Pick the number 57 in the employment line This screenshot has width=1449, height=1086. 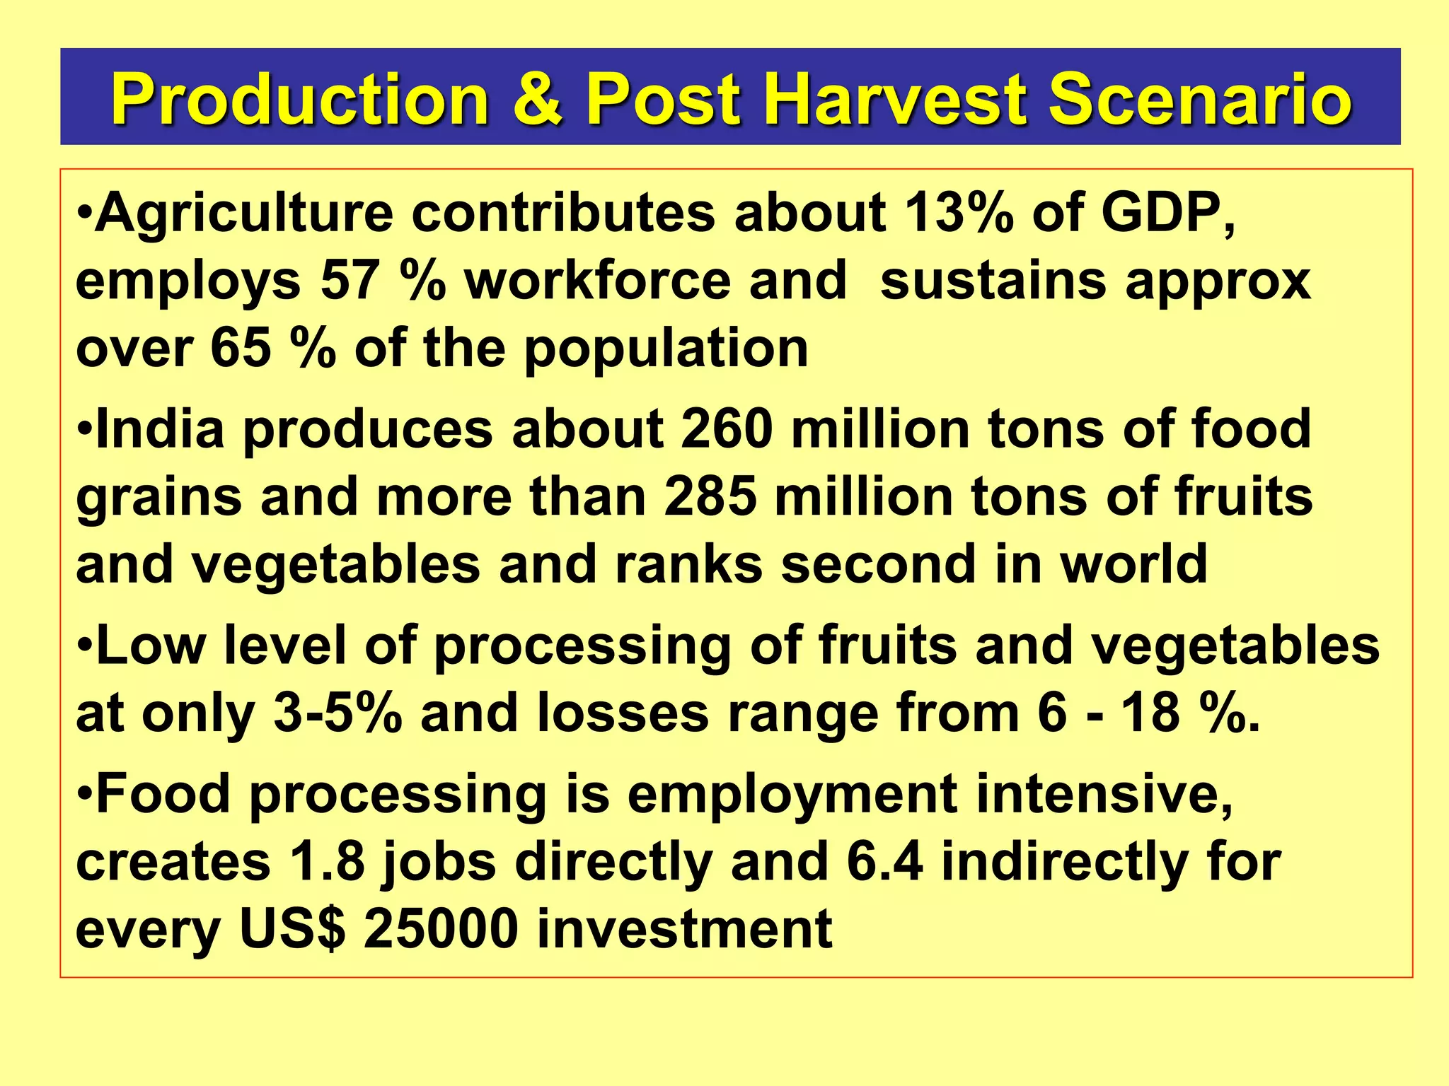click(x=350, y=281)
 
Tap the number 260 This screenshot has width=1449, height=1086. click(x=727, y=429)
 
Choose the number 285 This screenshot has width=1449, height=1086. click(x=710, y=496)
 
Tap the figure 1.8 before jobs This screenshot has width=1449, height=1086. click(x=327, y=862)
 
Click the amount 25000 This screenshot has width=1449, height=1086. click(x=441, y=929)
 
